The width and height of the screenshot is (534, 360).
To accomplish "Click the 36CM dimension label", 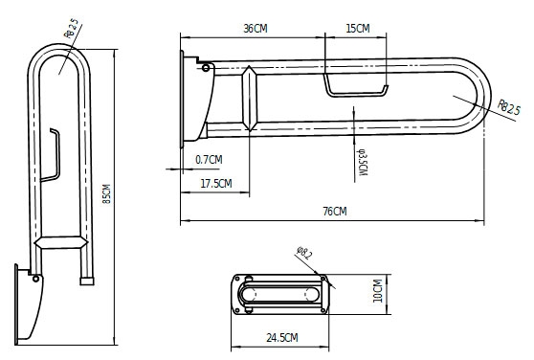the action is [x=256, y=29].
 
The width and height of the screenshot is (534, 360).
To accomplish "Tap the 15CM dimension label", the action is [x=358, y=29].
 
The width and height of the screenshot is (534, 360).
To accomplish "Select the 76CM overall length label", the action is [x=335, y=212].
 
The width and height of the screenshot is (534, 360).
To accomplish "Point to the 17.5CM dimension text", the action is [x=216, y=184].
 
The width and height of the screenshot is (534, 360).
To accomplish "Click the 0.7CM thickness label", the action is [x=209, y=159].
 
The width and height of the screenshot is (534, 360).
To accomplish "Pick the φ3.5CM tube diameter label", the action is [x=362, y=163].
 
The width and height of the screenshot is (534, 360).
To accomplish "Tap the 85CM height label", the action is [x=106, y=193].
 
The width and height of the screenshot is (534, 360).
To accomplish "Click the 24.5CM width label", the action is [x=282, y=338].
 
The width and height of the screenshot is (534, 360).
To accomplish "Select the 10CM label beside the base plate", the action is [x=378, y=290].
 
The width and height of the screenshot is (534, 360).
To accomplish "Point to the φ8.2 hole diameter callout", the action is [x=304, y=253].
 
